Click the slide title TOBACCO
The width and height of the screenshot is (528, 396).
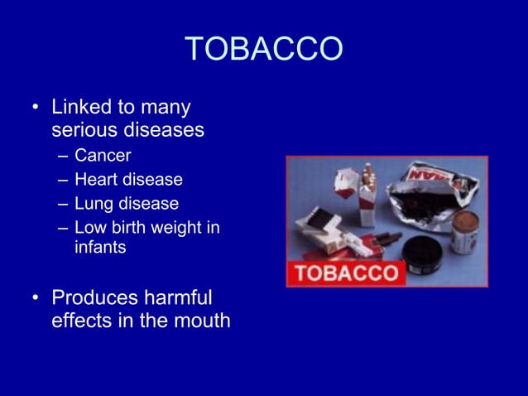[263, 50]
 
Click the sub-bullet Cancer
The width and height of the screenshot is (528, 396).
[103, 156]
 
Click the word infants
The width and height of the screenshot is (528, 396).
[99, 248]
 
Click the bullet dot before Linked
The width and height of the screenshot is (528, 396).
[35, 109]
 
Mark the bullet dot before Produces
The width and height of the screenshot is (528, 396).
[35, 297]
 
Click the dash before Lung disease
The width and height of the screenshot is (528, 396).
[63, 204]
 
